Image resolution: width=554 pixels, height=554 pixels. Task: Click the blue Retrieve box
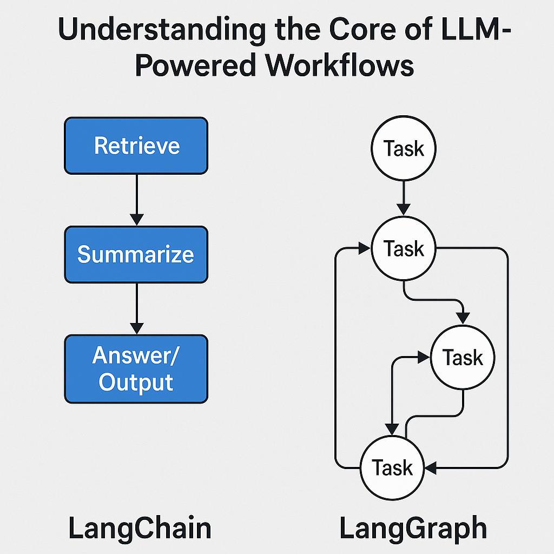pyautogui.click(x=136, y=146)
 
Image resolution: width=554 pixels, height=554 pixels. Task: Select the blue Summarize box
pyautogui.click(x=136, y=254)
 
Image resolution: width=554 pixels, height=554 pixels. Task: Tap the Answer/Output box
pyautogui.click(x=136, y=368)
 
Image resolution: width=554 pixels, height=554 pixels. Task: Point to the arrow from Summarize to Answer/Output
pyautogui.click(x=136, y=308)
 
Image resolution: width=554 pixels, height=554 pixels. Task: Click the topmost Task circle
pyautogui.click(x=404, y=149)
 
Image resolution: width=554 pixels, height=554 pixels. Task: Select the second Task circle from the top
pyautogui.click(x=404, y=249)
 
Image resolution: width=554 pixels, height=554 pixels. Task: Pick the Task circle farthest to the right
pyautogui.click(x=463, y=358)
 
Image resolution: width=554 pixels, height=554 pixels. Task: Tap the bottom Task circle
pyautogui.click(x=393, y=467)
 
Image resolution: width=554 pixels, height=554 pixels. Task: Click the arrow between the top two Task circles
pyautogui.click(x=404, y=198)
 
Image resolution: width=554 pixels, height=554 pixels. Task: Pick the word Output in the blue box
pyautogui.click(x=136, y=382)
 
